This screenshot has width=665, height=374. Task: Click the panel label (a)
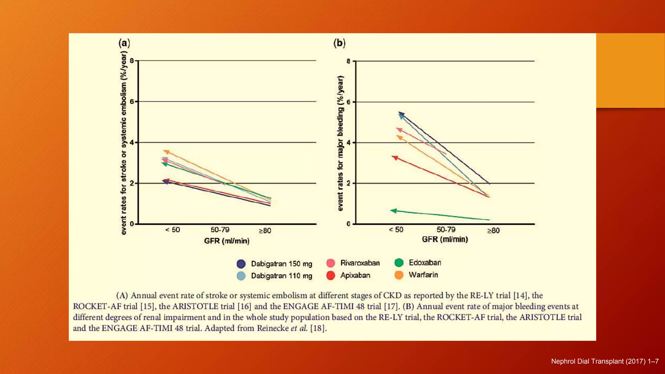coord(124,43)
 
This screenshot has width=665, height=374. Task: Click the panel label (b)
coord(339,43)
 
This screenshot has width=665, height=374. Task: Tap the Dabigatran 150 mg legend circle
coord(241,264)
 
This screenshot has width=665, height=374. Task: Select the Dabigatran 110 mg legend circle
coord(241,276)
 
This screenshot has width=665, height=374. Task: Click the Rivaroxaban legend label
coord(360,263)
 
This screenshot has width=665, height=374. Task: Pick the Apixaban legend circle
coord(331,275)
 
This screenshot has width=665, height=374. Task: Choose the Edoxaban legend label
coord(425,263)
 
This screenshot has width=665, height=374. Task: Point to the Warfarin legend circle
coord(399,275)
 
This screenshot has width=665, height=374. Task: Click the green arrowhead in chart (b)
coord(393,211)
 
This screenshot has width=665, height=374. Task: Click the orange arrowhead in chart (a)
coord(166,152)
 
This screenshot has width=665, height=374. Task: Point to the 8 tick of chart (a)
coord(132,61)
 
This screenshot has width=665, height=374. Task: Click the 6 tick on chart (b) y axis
coord(348,102)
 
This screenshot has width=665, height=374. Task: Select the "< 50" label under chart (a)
coord(172,230)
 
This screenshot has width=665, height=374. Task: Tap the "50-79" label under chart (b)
coord(445,230)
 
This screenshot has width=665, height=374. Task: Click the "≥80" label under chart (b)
coord(493,231)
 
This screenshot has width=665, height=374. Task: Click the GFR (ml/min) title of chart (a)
coord(227,241)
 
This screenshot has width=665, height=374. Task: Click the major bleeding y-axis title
coord(340,143)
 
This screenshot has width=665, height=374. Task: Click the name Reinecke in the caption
coord(272,328)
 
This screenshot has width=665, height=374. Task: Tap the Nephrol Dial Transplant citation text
coord(605,361)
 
